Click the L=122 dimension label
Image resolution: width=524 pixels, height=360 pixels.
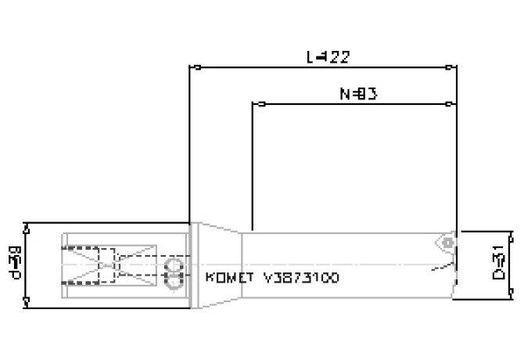(327, 56)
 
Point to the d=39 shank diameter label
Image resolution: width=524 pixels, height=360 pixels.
(14, 265)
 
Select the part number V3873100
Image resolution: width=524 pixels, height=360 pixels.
(302, 278)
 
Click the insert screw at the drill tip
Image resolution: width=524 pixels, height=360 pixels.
(447, 243)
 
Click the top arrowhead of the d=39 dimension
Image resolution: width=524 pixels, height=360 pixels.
(27, 229)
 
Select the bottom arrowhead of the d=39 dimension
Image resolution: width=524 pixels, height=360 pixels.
(27, 301)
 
